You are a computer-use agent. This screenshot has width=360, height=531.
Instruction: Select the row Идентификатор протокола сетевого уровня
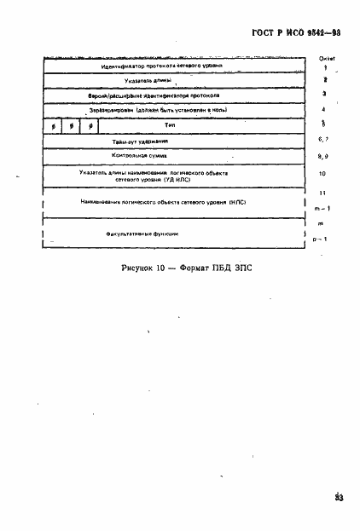(x=162, y=65)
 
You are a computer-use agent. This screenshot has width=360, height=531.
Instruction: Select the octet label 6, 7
(x=323, y=139)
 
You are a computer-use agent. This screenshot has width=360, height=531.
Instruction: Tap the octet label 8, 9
(x=323, y=157)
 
